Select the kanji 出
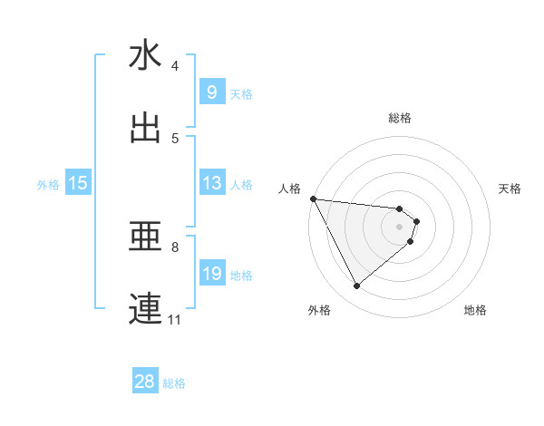coord(145,128)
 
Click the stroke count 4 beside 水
coord(175,66)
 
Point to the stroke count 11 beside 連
coord(175,320)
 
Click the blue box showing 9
coord(211,92)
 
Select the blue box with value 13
coord(211,183)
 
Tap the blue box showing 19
coord(211,274)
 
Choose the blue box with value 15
coord(78,183)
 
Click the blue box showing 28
coord(145,382)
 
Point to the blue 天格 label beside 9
coord(241,93)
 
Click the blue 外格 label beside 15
coord(48,185)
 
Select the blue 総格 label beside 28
coord(174,383)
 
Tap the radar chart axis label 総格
coord(400,118)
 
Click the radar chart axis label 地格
coord(475,310)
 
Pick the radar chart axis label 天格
coord(510,189)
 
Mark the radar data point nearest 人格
coord(312,198)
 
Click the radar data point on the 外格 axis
coord(356,286)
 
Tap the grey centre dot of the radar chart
coord(400,227)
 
